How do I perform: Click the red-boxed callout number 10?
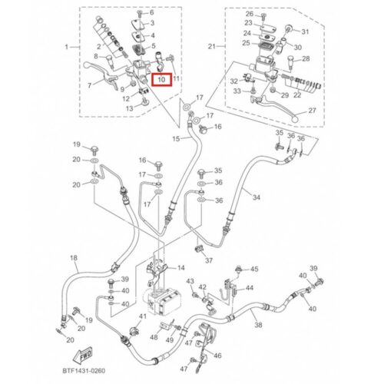point(161,80)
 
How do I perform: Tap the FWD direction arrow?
point(83,356)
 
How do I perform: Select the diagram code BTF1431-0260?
point(84,371)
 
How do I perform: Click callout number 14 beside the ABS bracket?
point(181,268)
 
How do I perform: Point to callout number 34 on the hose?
point(257,197)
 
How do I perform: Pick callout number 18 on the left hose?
point(74,257)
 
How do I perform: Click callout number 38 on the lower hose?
point(258,325)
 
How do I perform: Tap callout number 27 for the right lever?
point(312,111)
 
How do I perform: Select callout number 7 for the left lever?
point(90,85)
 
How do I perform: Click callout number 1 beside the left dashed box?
point(67,47)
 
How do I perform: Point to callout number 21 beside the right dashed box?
point(212,47)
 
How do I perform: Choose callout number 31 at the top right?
point(305,32)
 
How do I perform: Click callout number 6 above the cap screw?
point(152,12)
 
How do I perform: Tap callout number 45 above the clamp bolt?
point(254,269)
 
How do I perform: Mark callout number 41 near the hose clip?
point(143,316)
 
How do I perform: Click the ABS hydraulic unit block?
point(162,302)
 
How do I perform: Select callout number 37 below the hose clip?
point(209,260)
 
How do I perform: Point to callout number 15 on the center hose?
point(176,139)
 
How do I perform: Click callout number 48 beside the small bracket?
point(154,337)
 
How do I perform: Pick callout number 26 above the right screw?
point(250,14)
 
